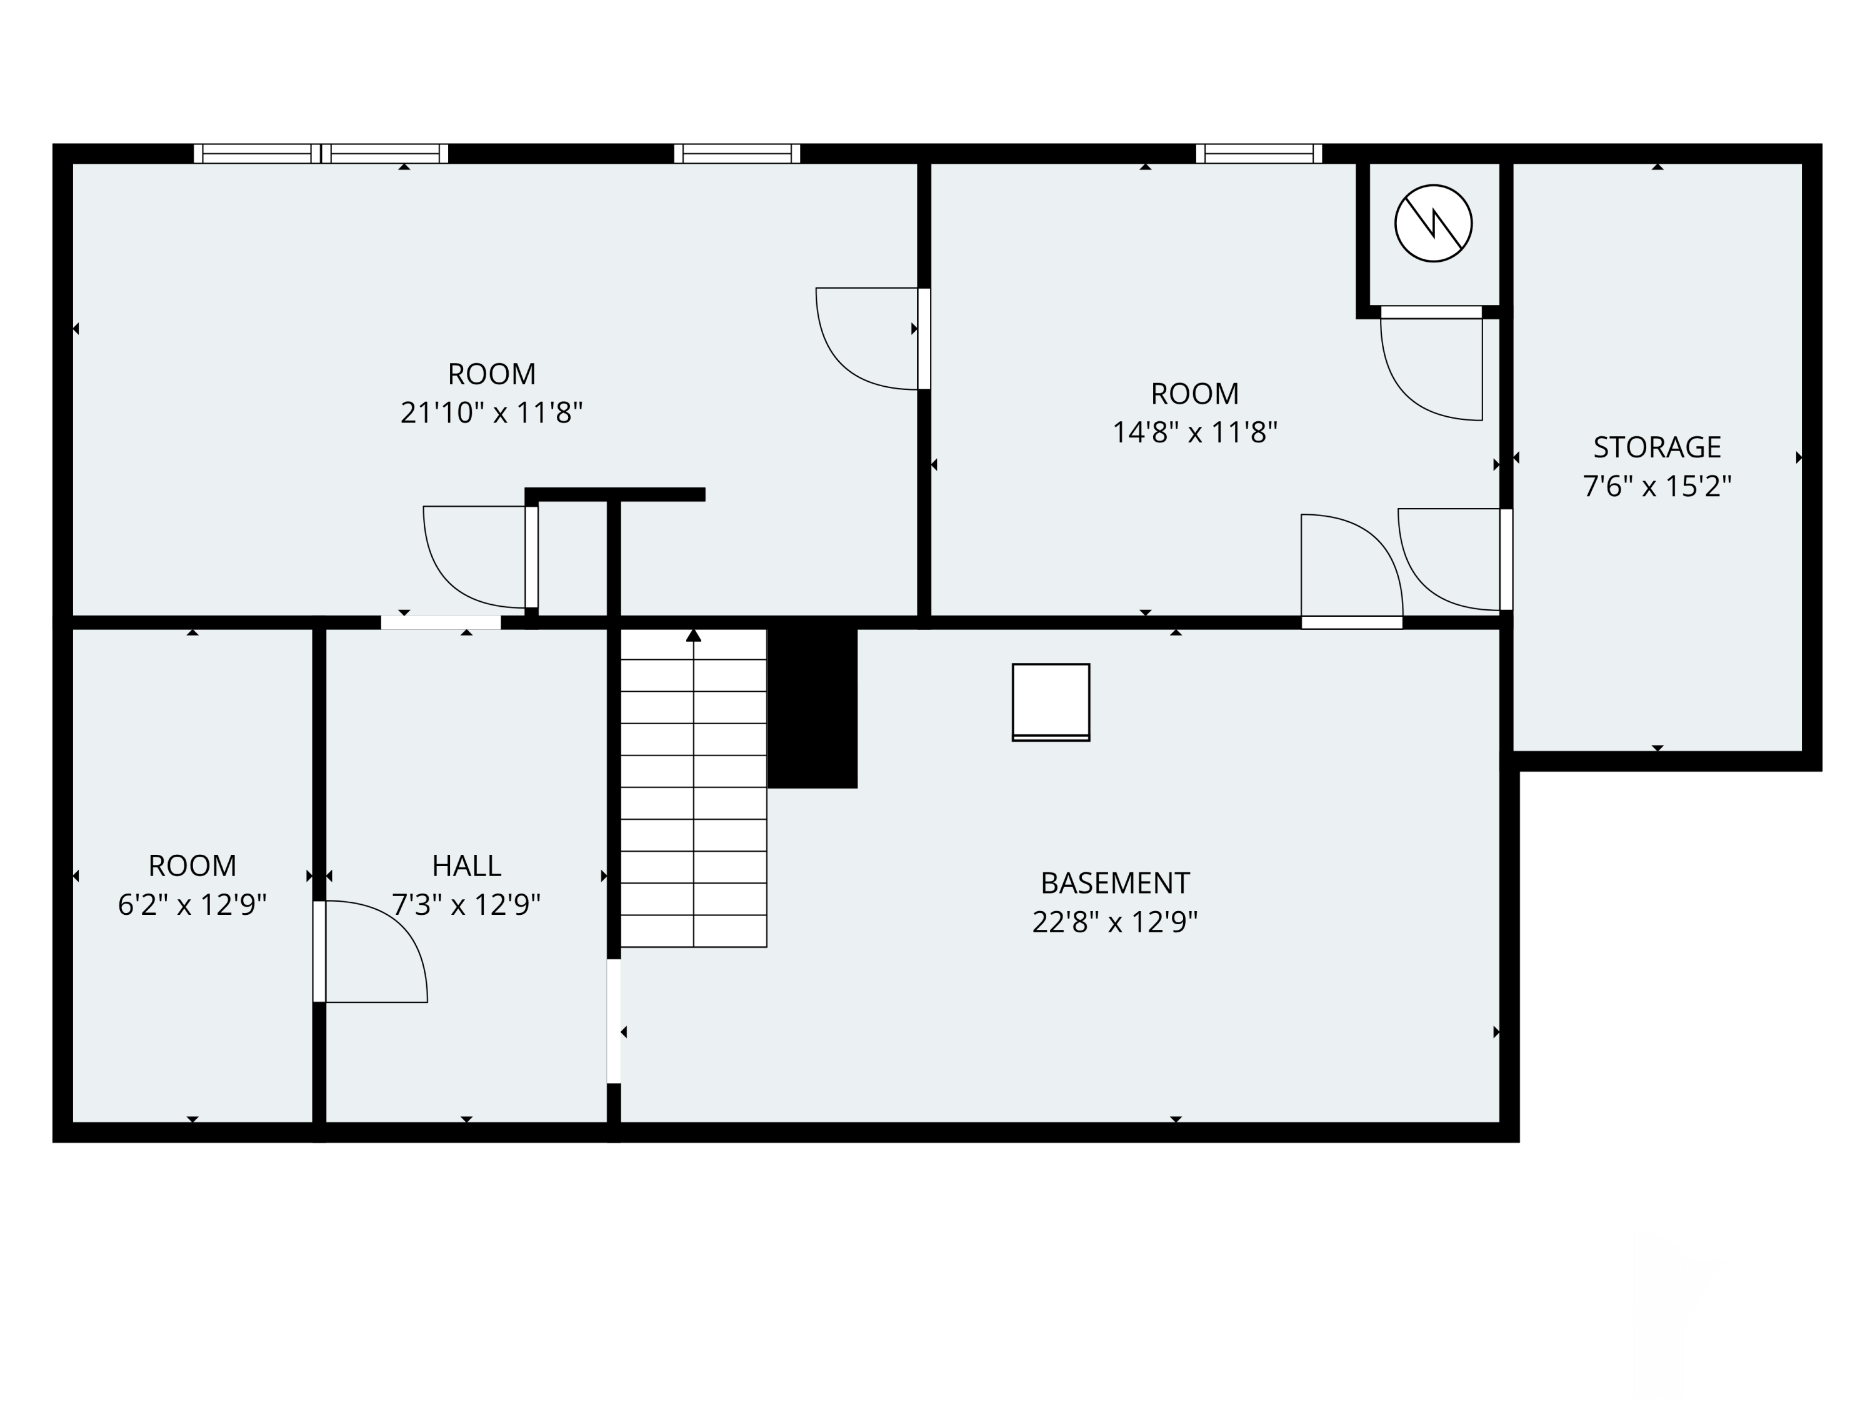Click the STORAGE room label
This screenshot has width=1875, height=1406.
[1656, 447]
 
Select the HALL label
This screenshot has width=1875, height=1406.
[466, 865]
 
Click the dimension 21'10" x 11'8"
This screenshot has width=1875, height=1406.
[492, 412]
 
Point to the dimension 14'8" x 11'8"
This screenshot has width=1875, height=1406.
[1194, 432]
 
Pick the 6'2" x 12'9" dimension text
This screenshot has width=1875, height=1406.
[192, 905]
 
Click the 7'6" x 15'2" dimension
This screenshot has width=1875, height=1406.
[1656, 486]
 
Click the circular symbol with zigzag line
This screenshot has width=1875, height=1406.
[1433, 223]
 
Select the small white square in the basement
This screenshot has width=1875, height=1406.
[1051, 702]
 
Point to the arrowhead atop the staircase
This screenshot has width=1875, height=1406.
[693, 635]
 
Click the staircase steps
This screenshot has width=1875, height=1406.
[693, 788]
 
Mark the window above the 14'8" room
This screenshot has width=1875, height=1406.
[1259, 153]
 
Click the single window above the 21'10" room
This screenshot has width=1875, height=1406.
[737, 153]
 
